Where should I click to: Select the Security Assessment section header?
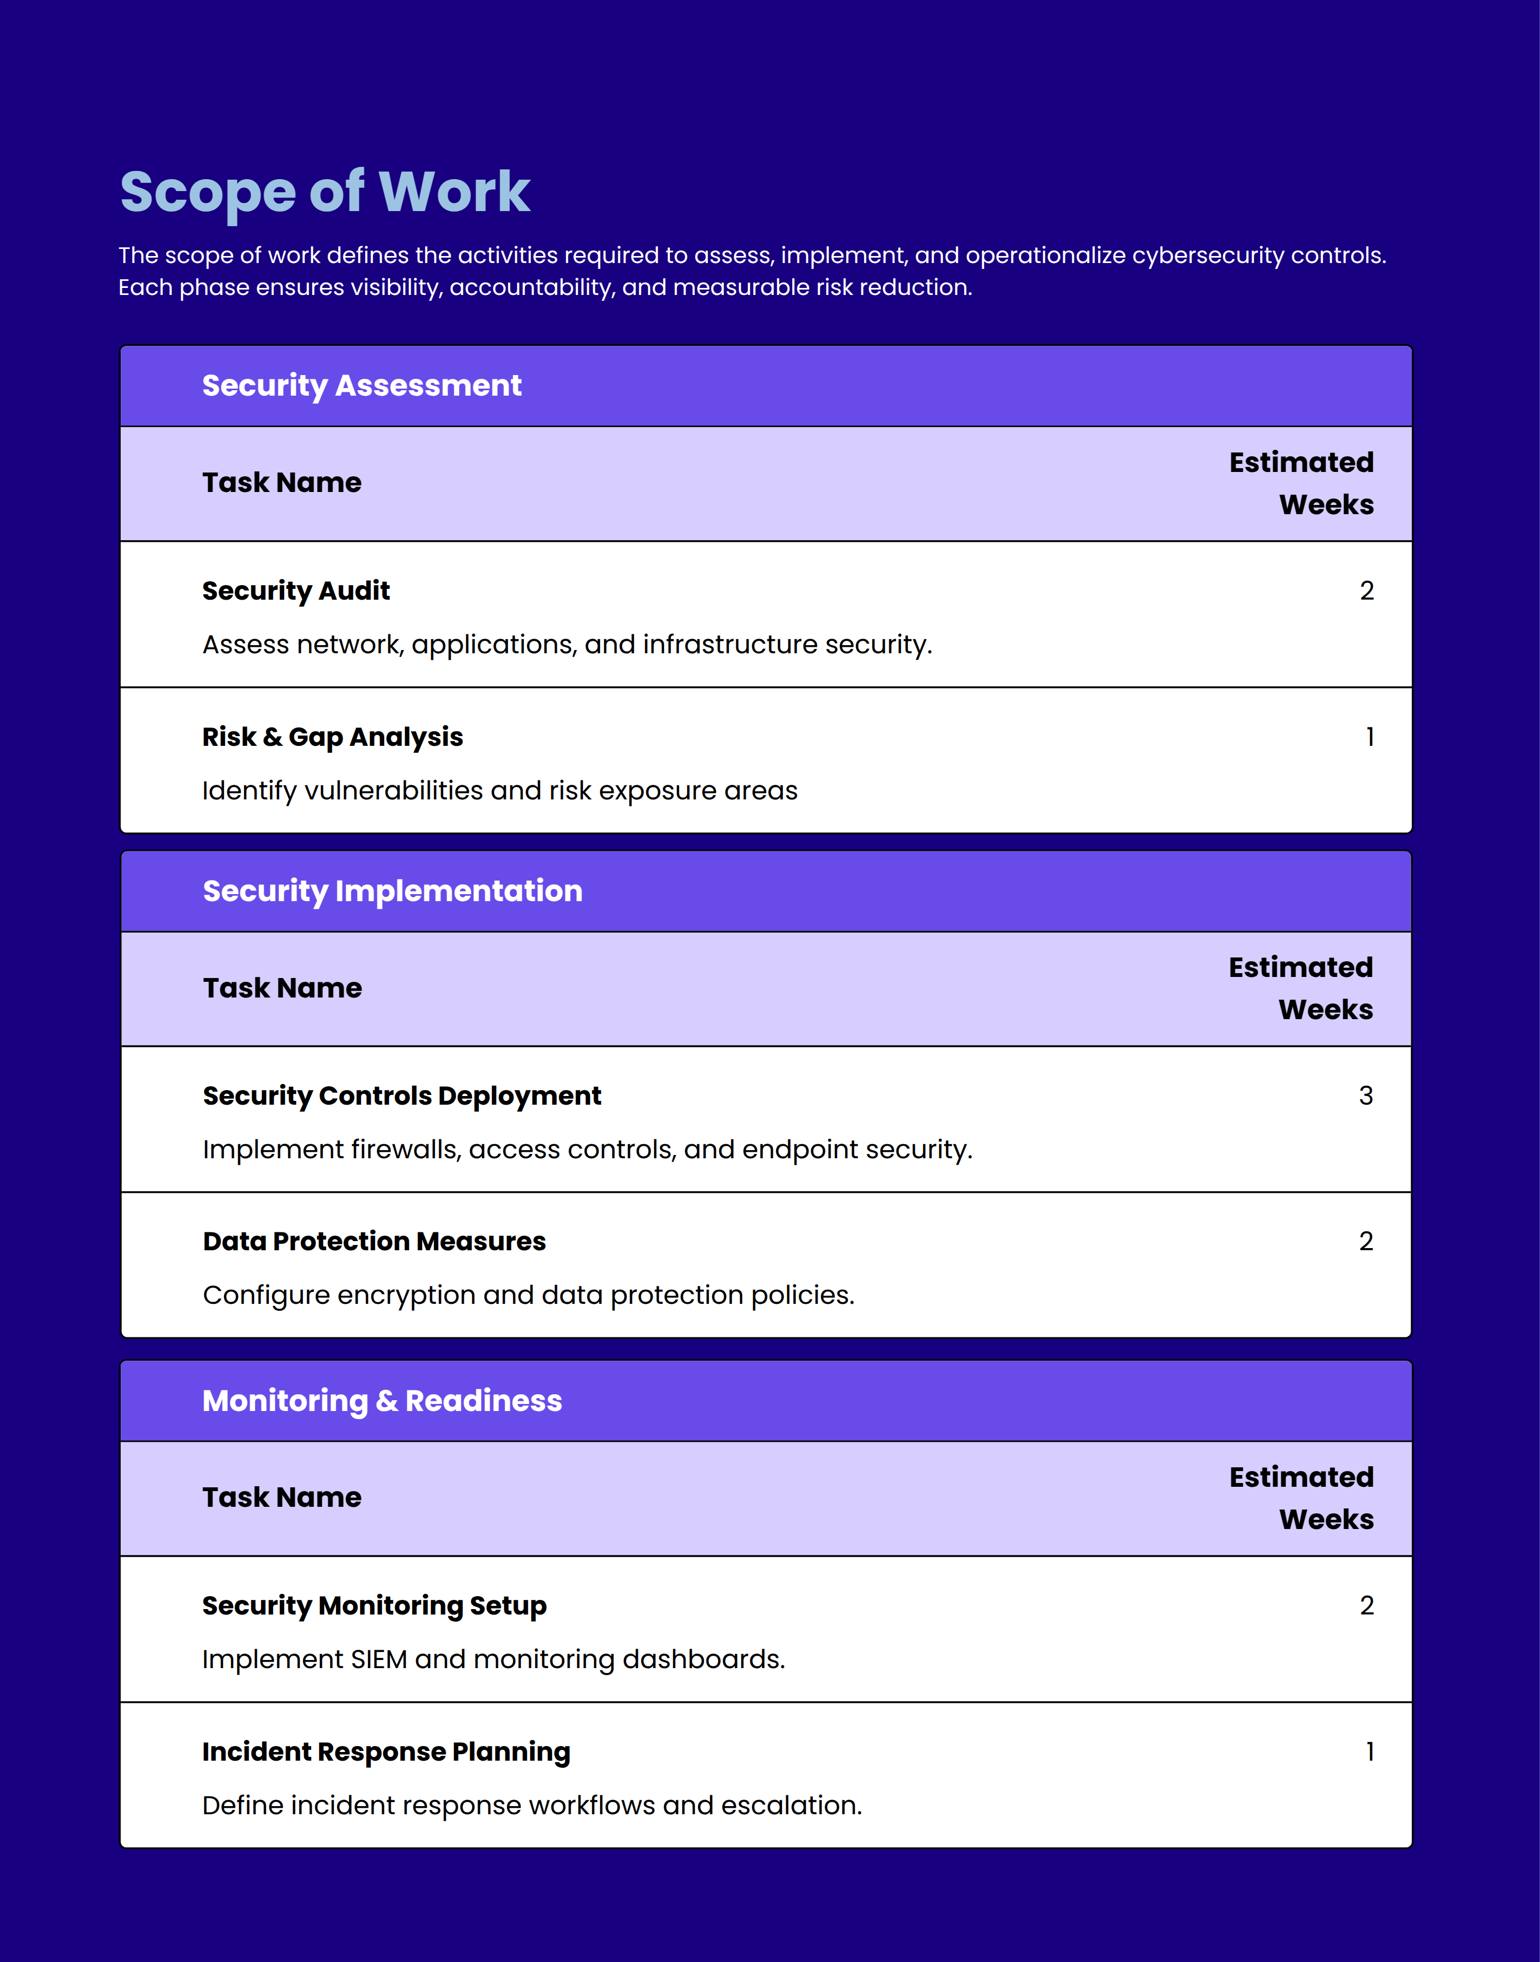click(x=361, y=386)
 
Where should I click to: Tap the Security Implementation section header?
click(x=392, y=891)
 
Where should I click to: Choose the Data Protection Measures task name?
click(x=374, y=1242)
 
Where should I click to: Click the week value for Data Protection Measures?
click(x=1365, y=1242)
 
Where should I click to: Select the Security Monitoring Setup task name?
click(x=374, y=1606)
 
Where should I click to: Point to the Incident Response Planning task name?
click(x=386, y=1752)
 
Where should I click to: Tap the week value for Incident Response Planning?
click(x=1370, y=1752)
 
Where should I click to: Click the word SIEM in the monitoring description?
click(x=379, y=1660)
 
